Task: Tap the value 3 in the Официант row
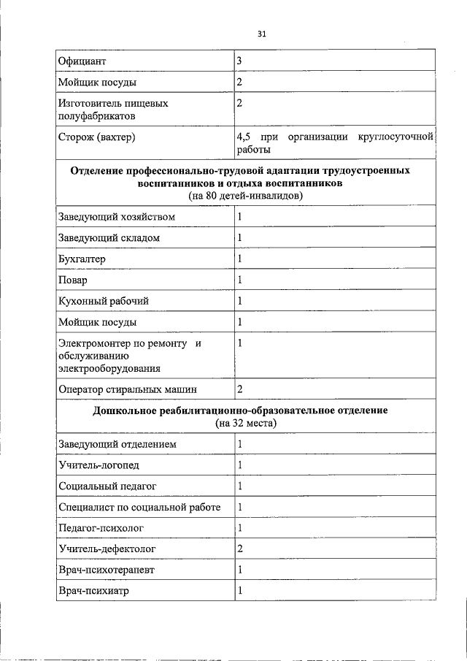point(239,60)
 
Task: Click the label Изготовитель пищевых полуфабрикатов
point(113,110)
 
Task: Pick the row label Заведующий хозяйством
point(116,217)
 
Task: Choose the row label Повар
point(72,280)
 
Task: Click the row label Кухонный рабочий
point(99,301)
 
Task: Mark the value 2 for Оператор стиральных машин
point(239,390)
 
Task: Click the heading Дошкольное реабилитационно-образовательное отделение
point(240,411)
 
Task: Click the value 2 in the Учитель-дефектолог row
point(239,549)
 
